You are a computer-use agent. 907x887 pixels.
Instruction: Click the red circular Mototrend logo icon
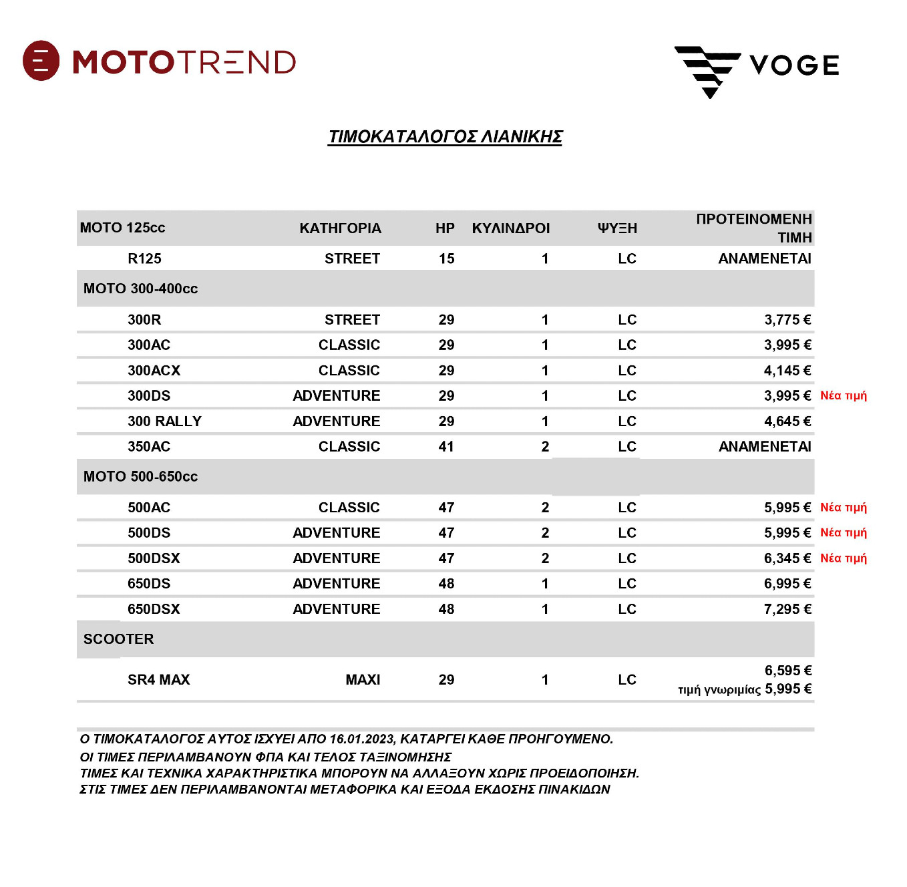pos(41,61)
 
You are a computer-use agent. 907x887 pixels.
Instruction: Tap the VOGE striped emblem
pos(707,70)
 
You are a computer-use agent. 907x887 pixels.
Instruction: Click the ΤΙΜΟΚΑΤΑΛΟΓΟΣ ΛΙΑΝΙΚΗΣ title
pos(445,137)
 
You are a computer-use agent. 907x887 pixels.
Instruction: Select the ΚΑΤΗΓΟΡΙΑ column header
pos(340,228)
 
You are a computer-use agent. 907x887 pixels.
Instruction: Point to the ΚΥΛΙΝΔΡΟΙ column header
pos(510,228)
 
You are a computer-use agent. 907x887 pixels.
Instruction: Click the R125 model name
pos(144,258)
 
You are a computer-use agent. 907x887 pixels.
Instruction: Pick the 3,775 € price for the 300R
pos(787,320)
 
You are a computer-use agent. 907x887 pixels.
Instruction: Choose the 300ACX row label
pos(154,371)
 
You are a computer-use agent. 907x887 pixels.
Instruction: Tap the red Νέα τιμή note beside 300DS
pos(843,395)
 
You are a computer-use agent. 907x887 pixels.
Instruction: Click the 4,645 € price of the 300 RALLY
pos(787,421)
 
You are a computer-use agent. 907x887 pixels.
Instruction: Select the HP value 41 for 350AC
pos(446,447)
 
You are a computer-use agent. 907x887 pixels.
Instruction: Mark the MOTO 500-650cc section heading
pos(140,477)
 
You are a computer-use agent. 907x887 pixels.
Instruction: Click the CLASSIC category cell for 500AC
pos(349,508)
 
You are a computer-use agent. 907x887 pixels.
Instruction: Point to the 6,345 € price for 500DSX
pos(787,558)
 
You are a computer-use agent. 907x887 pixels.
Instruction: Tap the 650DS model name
pos(149,584)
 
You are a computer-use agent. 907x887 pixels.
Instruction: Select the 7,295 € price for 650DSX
pos(787,609)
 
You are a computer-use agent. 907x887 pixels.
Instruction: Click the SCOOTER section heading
pos(118,639)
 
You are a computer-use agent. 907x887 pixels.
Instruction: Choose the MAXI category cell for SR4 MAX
pos(363,680)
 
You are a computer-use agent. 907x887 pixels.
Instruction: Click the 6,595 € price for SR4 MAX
pos(788,671)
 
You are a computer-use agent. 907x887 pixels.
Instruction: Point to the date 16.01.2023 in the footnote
pos(361,739)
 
